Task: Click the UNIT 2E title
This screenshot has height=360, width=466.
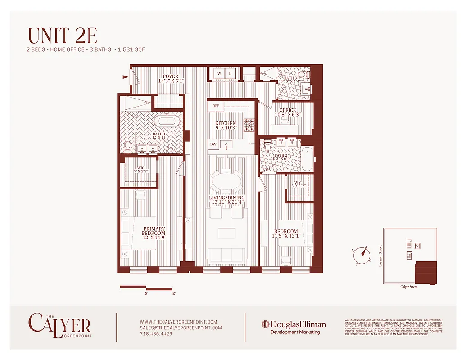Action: (x=63, y=36)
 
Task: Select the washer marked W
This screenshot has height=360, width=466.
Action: (x=219, y=73)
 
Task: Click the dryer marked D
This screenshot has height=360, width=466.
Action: (x=230, y=73)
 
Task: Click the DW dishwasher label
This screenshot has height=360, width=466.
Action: (x=213, y=144)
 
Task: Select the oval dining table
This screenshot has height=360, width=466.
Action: (x=226, y=183)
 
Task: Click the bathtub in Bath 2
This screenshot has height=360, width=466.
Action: (x=307, y=159)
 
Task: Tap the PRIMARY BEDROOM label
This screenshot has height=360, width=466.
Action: (x=154, y=233)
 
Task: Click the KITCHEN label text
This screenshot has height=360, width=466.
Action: (x=226, y=123)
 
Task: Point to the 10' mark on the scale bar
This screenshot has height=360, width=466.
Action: (x=174, y=293)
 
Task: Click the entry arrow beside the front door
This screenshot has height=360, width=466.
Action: (x=125, y=77)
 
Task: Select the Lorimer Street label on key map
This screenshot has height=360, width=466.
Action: (x=380, y=256)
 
